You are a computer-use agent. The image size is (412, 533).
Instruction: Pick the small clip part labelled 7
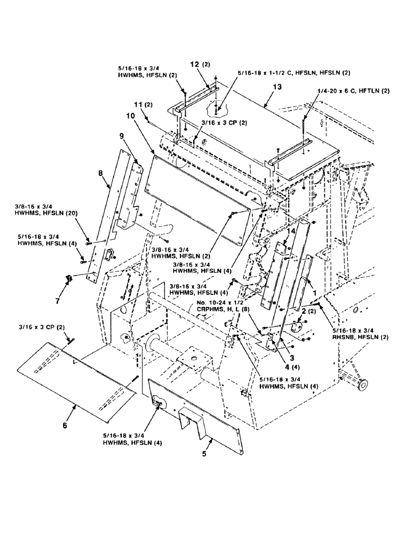click(68, 278)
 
